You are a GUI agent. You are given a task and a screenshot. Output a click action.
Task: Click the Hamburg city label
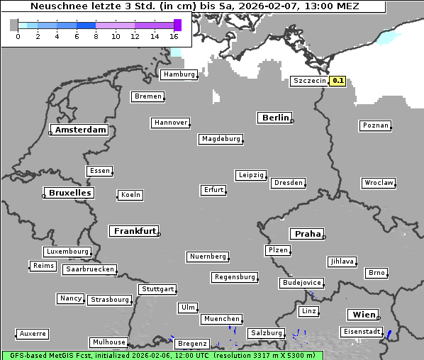[x=178, y=74]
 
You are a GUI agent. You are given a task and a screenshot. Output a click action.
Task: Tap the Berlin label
[x=275, y=118]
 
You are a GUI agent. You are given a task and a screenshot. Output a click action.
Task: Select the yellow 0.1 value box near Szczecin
[x=338, y=81]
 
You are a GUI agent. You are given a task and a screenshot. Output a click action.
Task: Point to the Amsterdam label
[x=80, y=130]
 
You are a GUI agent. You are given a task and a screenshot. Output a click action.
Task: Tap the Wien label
[x=362, y=315]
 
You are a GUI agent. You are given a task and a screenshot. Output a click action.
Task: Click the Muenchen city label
[x=222, y=319]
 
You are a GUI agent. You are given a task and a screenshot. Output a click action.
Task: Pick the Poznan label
[x=375, y=125]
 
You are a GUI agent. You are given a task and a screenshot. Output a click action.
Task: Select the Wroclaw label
[x=378, y=183]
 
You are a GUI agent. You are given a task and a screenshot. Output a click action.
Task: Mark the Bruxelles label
[x=69, y=193]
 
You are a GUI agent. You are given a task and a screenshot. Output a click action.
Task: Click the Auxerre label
[x=33, y=333]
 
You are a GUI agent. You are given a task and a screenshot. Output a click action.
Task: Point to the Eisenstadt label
[x=362, y=332]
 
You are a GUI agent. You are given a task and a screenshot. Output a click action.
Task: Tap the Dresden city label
[x=289, y=183]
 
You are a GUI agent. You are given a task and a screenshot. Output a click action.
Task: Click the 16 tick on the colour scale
[x=174, y=35]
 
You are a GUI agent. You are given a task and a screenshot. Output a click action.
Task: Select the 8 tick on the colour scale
[x=96, y=35]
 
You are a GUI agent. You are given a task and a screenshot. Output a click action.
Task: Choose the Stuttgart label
[x=157, y=289]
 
